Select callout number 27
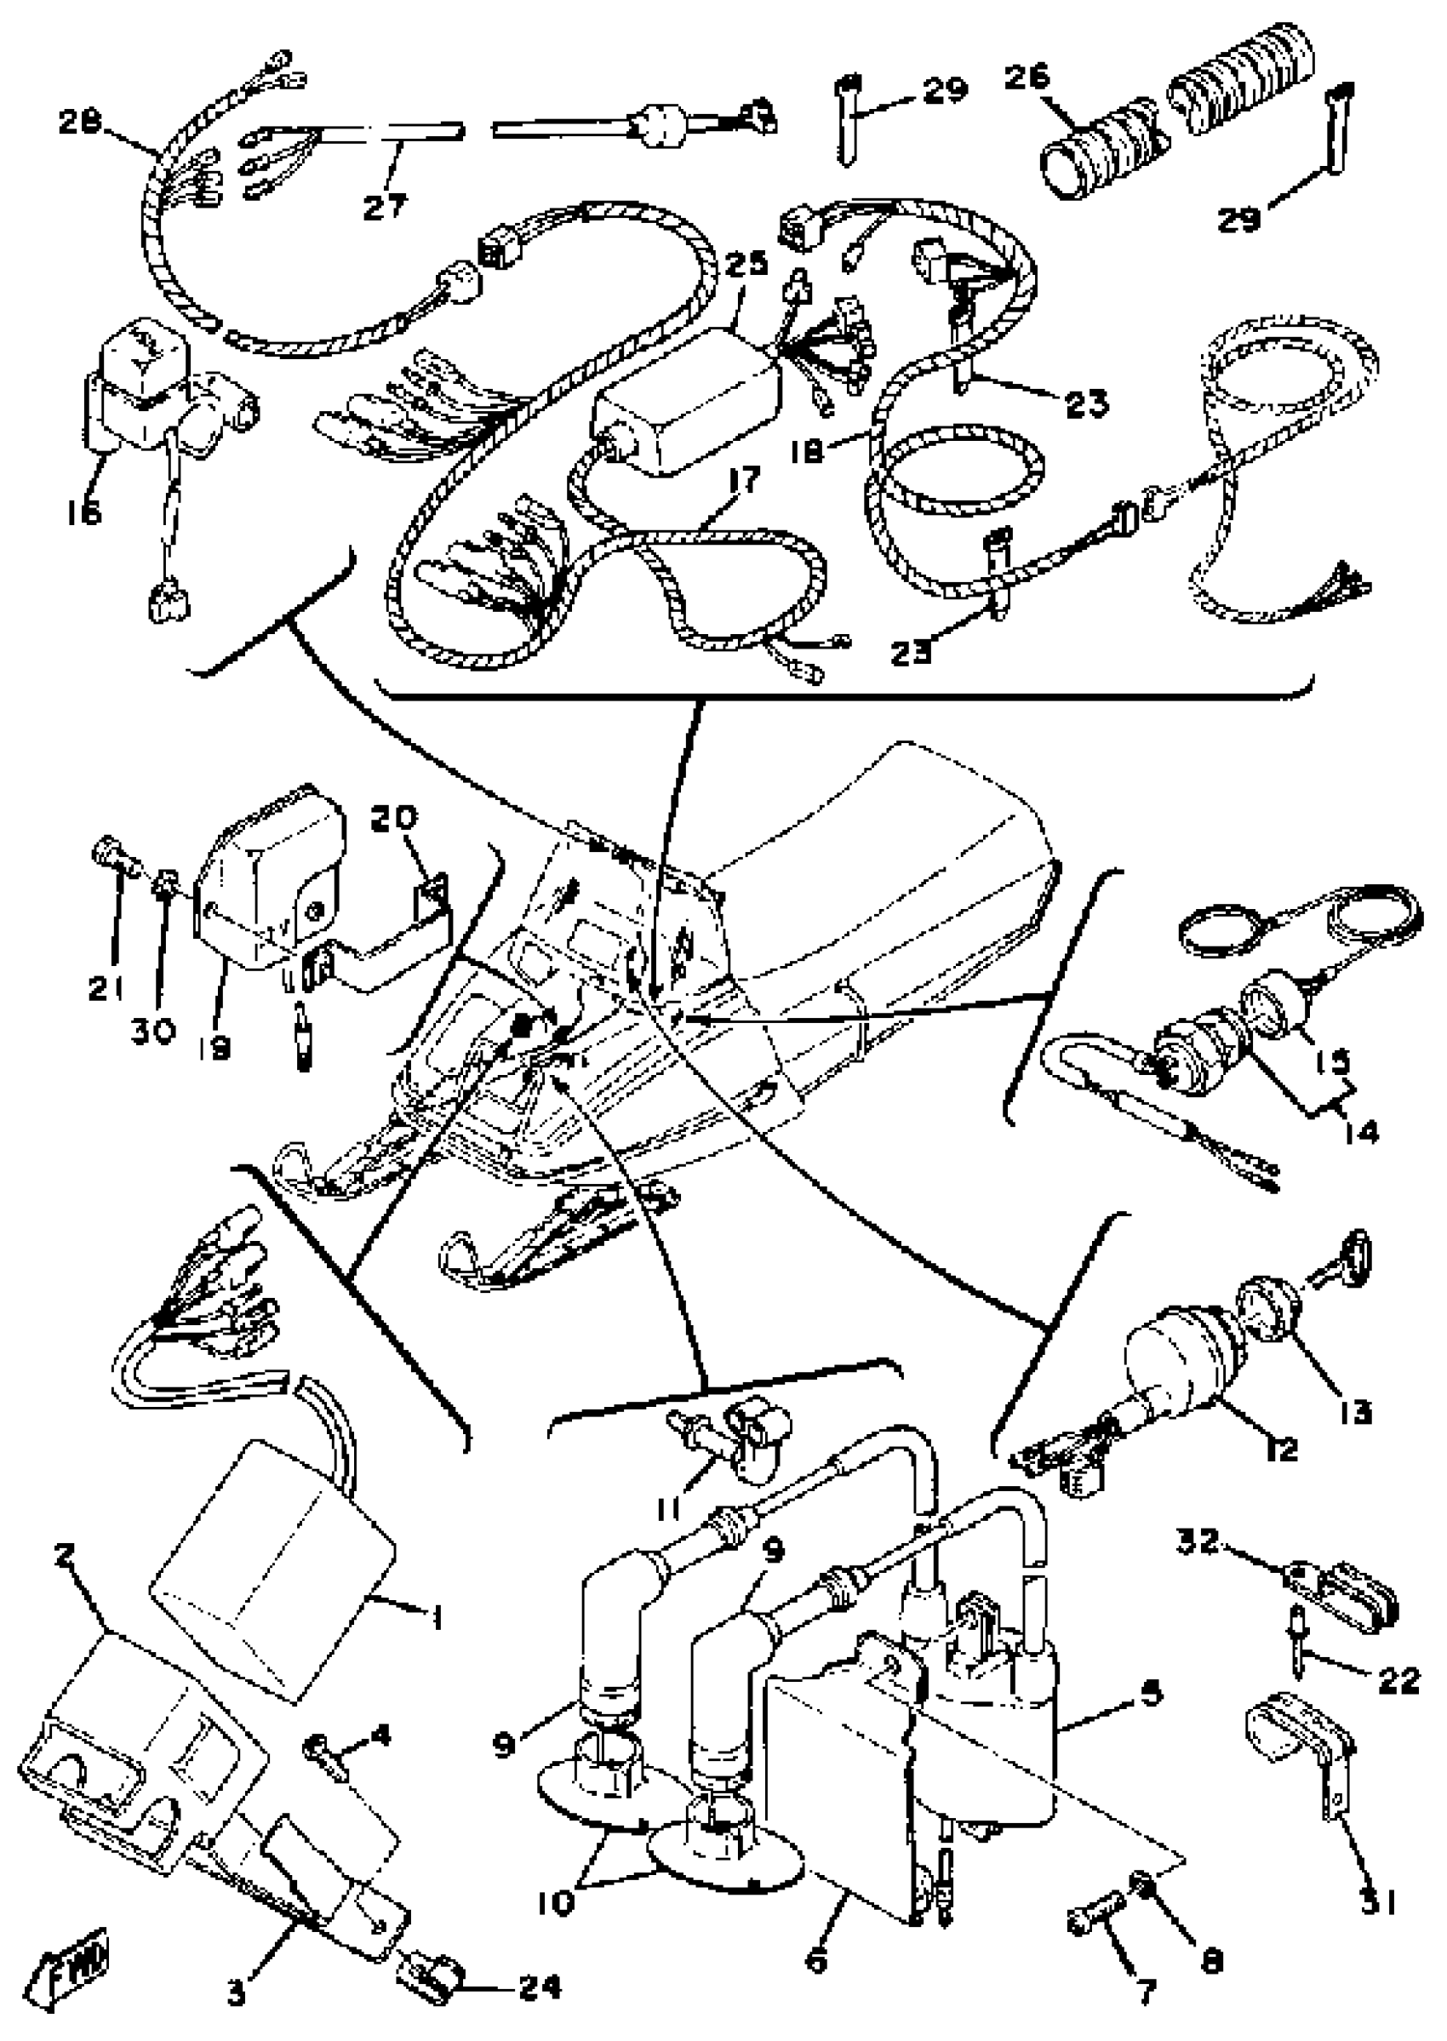[x=385, y=206]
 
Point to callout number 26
[x=1027, y=77]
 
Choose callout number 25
[x=746, y=265]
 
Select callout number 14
[x=1357, y=1131]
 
